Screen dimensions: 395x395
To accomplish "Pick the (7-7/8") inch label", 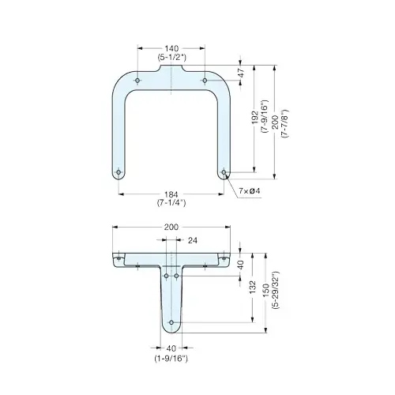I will (x=284, y=122).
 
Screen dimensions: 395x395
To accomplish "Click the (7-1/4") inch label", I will (x=171, y=203).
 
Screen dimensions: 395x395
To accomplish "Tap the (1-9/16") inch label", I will (x=171, y=357).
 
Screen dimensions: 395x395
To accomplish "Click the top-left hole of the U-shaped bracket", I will (x=137, y=81).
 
